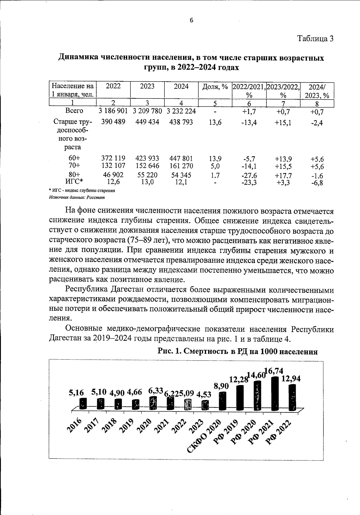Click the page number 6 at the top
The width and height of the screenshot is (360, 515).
[x=192, y=20]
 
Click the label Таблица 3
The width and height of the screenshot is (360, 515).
[x=315, y=39]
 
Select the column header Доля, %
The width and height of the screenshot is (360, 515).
[x=215, y=87]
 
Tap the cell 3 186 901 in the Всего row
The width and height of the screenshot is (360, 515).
[x=113, y=111]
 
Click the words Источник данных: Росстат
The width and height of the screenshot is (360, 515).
[x=77, y=197]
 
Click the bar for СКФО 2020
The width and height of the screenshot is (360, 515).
[x=222, y=401]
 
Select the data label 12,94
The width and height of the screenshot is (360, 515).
[x=291, y=379]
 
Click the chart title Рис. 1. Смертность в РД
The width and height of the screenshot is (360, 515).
[x=238, y=352]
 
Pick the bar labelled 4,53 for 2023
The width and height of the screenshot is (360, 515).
[x=205, y=405]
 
